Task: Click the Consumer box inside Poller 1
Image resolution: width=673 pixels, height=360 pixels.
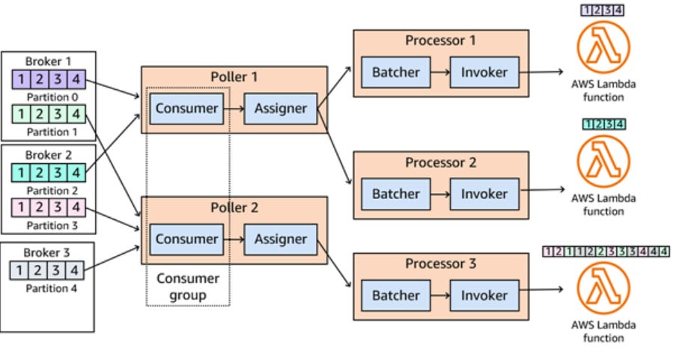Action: (186, 109)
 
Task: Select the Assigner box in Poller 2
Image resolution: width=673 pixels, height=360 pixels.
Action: (281, 240)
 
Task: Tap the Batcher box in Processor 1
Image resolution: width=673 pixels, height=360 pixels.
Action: (396, 73)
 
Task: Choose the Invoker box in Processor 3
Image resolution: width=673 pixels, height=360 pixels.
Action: (484, 296)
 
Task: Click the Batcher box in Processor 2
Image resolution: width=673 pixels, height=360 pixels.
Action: (396, 194)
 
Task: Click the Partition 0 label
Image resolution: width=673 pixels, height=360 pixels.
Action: (52, 97)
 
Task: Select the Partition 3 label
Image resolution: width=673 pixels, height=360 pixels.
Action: (52, 225)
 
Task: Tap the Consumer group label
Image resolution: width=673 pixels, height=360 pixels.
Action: (188, 286)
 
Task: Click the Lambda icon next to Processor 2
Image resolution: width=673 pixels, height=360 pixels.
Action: (603, 162)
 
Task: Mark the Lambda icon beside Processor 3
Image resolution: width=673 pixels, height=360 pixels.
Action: (603, 289)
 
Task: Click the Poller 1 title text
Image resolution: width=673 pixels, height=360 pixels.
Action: (234, 78)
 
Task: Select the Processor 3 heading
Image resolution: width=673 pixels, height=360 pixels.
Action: (440, 263)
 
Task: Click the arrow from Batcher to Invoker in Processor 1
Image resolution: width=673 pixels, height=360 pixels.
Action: (439, 73)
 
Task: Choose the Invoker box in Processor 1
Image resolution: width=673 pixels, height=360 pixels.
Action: (484, 73)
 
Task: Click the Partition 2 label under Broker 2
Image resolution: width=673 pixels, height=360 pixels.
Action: (52, 191)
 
